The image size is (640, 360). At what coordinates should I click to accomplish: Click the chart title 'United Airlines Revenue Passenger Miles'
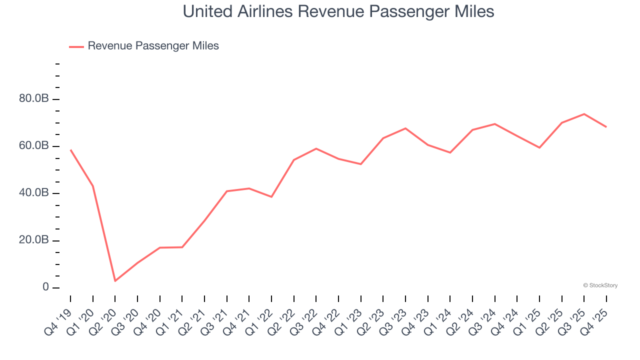(x=338, y=11)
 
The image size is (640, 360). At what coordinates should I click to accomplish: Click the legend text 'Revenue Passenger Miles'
(x=153, y=46)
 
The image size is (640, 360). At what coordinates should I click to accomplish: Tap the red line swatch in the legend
(x=76, y=46)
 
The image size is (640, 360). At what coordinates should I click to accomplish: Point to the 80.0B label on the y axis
(x=34, y=99)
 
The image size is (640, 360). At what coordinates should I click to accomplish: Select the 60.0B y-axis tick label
(x=34, y=146)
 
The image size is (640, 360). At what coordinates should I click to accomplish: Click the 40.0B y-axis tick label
(x=34, y=193)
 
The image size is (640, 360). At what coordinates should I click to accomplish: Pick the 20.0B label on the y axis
(x=34, y=240)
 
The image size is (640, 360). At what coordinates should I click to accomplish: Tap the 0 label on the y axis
(x=45, y=287)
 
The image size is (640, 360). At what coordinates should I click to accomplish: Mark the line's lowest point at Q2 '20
(x=115, y=281)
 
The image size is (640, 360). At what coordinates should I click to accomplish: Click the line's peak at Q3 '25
(x=584, y=114)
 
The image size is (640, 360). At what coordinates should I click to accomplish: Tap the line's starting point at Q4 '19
(x=70, y=149)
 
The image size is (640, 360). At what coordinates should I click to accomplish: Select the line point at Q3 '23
(x=405, y=128)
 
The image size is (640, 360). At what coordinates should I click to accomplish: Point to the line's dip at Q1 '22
(x=271, y=197)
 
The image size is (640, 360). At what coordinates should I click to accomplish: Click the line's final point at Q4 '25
(x=606, y=127)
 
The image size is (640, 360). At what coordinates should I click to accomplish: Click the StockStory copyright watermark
(x=600, y=285)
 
